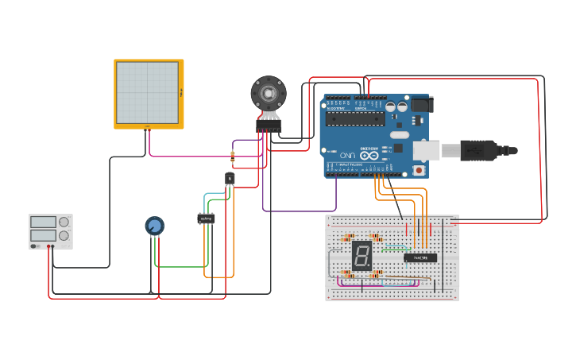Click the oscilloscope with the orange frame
tap(149, 93)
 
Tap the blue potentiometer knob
tap(154, 226)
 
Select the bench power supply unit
tap(50, 231)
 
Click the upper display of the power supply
tap(43, 223)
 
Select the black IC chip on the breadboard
tap(419, 257)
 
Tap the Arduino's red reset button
tap(419, 170)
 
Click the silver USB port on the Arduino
tap(425, 150)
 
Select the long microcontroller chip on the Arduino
tap(355, 119)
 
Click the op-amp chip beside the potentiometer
tap(206, 218)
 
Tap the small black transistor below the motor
tap(230, 179)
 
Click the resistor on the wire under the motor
tap(233, 157)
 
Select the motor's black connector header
tap(269, 126)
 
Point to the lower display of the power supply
tap(43, 236)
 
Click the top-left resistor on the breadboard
tap(347, 238)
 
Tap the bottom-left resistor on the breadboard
tap(347, 273)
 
